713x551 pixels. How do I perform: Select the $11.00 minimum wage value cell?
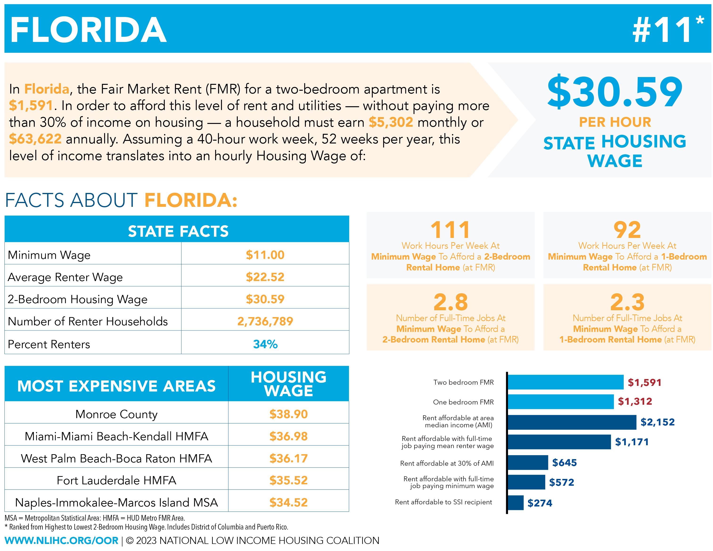pyautogui.click(x=265, y=255)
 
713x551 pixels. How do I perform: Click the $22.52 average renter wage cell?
pyautogui.click(x=265, y=277)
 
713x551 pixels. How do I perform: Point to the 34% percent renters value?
pyautogui.click(x=265, y=344)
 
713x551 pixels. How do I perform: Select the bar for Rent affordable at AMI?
pyautogui.click(x=572, y=422)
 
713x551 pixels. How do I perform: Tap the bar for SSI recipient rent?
pyautogui.click(x=516, y=503)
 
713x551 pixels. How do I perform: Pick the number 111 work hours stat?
pyautogui.click(x=450, y=230)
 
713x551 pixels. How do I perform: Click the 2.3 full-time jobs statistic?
pyautogui.click(x=627, y=302)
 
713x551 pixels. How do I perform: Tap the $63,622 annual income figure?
pyautogui.click(x=35, y=139)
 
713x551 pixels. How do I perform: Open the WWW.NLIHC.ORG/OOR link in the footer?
pyautogui.click(x=61, y=541)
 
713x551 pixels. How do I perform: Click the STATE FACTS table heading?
pyautogui.click(x=178, y=231)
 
